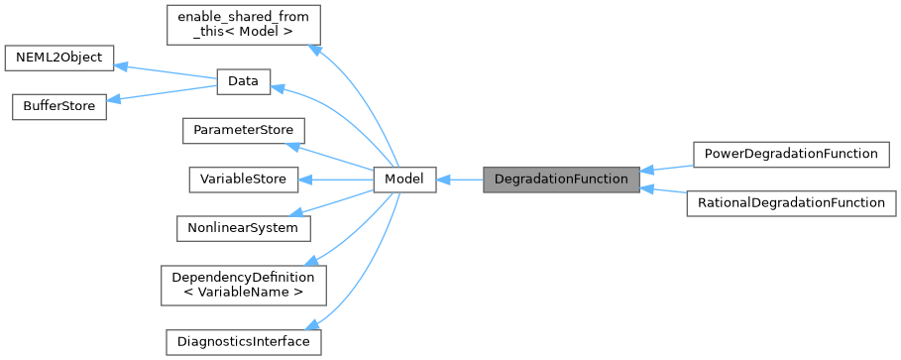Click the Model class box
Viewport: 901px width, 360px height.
click(403, 180)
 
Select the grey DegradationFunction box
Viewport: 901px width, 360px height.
click(561, 180)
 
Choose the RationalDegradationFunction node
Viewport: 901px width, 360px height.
click(789, 203)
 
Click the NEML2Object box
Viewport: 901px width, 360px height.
click(59, 58)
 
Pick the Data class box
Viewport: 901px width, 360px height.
click(243, 81)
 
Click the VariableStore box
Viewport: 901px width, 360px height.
click(242, 180)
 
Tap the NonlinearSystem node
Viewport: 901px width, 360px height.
click(242, 228)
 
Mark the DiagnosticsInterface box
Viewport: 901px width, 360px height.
click(242, 342)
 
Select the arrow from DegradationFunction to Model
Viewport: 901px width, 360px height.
click(459, 180)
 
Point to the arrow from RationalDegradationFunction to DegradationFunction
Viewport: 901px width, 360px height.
click(665, 192)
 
